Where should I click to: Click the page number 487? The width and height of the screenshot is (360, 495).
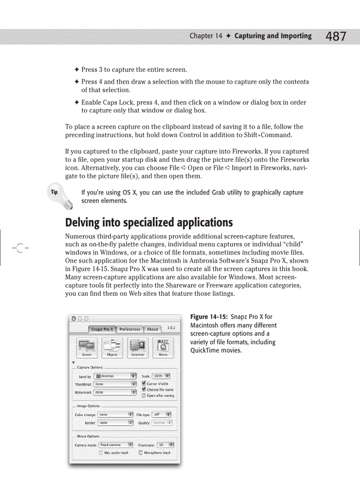point(336,36)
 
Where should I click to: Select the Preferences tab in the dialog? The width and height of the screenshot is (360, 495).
point(130,329)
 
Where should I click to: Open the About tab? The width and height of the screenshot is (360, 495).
point(152,329)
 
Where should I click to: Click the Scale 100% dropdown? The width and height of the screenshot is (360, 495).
point(161,376)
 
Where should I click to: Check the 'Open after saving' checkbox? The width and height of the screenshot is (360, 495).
point(144,396)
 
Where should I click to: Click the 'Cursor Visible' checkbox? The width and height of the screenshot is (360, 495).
point(144,383)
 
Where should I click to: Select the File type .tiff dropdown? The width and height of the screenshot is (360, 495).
point(161,414)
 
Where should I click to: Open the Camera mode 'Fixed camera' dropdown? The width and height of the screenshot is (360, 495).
point(116,445)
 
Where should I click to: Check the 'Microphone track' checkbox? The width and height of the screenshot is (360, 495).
point(141,453)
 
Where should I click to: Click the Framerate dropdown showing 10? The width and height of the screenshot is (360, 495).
point(165,445)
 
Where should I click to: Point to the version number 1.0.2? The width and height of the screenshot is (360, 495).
point(170,328)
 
